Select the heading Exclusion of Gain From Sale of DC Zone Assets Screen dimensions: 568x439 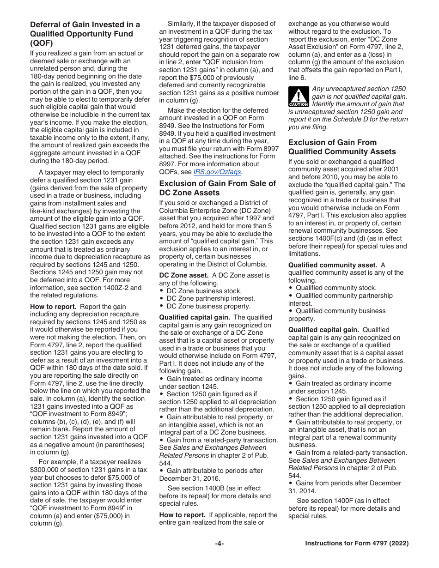(x=217, y=188)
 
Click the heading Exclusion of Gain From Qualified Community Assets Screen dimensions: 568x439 (x=342, y=147)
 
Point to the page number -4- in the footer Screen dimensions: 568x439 (x=219, y=544)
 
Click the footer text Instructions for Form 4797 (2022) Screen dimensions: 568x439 (x=357, y=544)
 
